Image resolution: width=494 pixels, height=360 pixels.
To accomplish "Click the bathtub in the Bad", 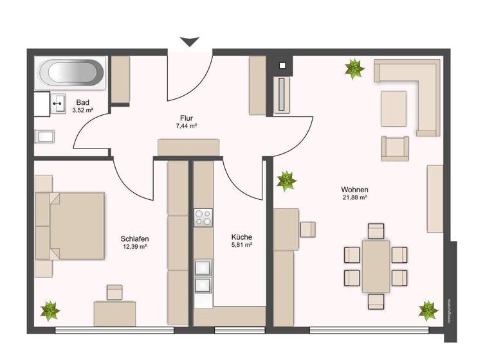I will coord(71,74).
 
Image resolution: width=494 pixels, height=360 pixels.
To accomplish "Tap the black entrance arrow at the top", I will coord(189,42).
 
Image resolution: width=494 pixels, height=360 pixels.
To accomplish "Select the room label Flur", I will coord(186,118).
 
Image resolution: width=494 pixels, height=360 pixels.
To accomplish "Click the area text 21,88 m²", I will coord(354,198).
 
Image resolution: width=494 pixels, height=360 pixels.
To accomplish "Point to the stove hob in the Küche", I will coord(203,217).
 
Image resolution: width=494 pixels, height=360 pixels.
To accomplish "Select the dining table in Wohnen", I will coord(376,265).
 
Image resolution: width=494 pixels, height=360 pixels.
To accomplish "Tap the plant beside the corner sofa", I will coord(353,69).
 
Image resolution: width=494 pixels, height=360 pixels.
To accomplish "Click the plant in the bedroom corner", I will coord(50,312).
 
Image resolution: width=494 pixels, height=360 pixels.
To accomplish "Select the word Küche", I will coord(241,237).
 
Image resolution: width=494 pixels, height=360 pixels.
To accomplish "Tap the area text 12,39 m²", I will coord(135,246).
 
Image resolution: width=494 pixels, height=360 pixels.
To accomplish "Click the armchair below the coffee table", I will coord(395,148).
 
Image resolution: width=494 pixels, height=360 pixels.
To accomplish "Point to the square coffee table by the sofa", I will coord(394,109).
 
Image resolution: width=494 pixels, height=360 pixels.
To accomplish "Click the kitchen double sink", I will coord(203,275).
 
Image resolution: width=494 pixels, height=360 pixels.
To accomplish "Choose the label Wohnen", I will coord(354,190).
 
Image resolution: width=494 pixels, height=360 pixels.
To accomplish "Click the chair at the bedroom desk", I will coord(114,292).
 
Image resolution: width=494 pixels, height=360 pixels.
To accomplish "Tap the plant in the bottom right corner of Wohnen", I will coord(428,311).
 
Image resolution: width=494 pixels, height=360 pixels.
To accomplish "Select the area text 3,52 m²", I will coord(83,111).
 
